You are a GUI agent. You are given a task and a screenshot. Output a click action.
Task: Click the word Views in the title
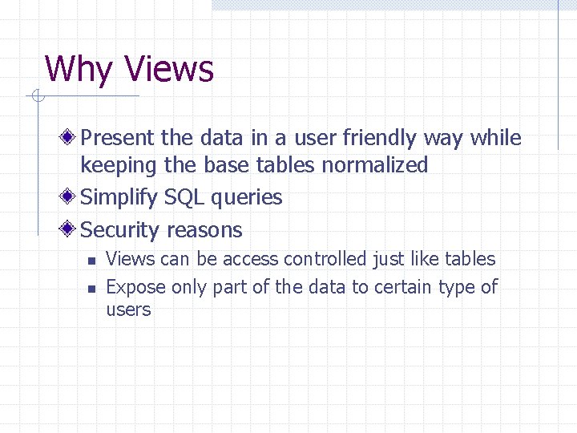point(170,69)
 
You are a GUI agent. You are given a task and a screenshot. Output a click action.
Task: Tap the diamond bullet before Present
point(71,138)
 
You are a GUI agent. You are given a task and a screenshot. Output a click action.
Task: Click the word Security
point(120,230)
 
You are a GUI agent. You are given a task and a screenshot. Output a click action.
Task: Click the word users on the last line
point(128,310)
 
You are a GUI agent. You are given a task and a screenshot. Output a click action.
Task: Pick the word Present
point(118,138)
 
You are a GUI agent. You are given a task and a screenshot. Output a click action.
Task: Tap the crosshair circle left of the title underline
point(34,97)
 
